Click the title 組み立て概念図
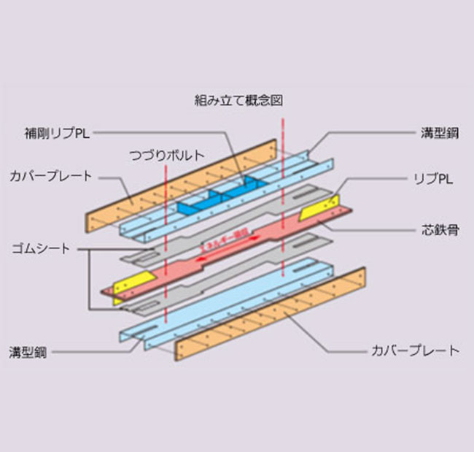coord(238,99)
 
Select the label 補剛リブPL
coord(53,133)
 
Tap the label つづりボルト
coord(166,155)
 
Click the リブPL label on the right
coord(430,177)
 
